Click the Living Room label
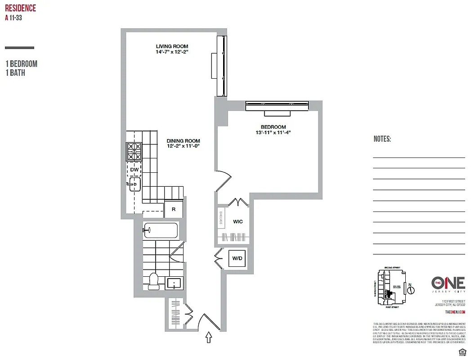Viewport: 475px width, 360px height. pos(172,46)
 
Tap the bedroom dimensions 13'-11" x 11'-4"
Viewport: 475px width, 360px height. pos(273,132)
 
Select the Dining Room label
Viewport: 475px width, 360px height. pos(183,140)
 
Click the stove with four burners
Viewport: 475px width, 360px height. pos(134,152)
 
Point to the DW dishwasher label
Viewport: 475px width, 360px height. pos(134,170)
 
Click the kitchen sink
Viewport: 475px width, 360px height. pos(134,184)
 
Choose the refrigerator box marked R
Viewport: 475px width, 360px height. pos(173,210)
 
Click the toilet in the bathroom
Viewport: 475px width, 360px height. pos(153,280)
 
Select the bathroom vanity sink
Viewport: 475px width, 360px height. pos(174,283)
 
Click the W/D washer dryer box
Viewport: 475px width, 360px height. pos(237,258)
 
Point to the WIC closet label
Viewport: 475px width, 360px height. pos(238,222)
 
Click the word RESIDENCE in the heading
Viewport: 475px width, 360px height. pos(20,8)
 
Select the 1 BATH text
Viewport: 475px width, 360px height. pos(15,72)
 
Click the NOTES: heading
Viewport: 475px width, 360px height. pos(382,139)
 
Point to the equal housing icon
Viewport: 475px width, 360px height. pos(461,351)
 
